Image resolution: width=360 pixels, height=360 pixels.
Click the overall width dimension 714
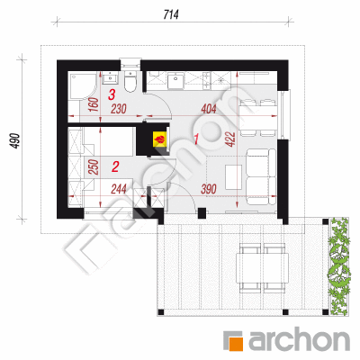[171, 14]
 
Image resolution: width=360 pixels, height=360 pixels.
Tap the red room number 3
[112, 95]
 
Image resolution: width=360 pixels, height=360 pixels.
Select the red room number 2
[115, 166]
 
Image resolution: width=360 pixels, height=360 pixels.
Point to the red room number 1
[196, 139]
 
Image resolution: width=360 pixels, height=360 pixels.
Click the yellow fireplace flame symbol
[159, 139]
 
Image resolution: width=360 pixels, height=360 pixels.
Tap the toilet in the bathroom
[130, 82]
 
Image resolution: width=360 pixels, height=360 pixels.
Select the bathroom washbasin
[110, 78]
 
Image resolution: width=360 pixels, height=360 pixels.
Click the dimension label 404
[209, 109]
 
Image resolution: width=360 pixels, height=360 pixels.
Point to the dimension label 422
[230, 139]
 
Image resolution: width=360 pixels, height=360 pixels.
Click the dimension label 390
[209, 189]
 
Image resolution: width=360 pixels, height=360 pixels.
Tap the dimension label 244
[119, 189]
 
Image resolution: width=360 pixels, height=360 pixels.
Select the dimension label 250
[94, 167]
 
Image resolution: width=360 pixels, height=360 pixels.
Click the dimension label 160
[94, 104]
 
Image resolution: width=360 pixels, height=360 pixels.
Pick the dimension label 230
[119, 109]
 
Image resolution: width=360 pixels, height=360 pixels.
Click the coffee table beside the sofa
[234, 177]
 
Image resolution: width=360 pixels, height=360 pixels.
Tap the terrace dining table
[263, 268]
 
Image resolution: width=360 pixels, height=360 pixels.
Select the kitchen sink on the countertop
[176, 81]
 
